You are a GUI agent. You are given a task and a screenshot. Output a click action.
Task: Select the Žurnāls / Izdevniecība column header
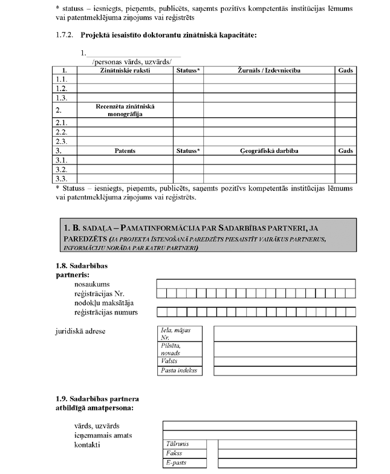point(269,71)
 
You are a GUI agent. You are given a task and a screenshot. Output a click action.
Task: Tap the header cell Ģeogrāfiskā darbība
point(269,151)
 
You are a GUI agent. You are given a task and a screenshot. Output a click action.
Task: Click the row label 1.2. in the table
point(61,88)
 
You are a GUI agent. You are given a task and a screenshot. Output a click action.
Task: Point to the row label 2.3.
point(61,141)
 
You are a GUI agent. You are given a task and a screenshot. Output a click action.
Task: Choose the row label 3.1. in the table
point(61,160)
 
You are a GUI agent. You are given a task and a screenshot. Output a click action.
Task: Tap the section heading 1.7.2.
point(157,34)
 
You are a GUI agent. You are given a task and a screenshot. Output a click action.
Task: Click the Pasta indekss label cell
point(180,371)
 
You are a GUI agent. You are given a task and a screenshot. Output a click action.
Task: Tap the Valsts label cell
point(180,361)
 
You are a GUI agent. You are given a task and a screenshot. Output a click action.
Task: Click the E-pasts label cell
point(184,463)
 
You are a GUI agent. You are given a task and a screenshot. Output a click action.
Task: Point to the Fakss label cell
point(184,453)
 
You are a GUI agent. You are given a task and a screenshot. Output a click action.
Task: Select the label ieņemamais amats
point(102,435)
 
